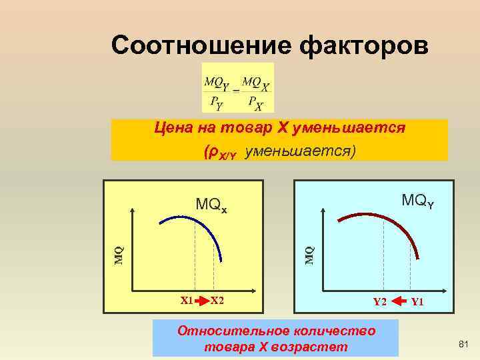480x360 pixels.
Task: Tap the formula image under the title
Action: [x=238, y=88]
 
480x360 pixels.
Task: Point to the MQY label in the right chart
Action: [x=417, y=199]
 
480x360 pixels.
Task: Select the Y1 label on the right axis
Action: [x=418, y=301]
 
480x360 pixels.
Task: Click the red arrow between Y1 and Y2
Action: [x=399, y=301]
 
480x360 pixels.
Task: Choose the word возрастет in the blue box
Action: [x=315, y=347]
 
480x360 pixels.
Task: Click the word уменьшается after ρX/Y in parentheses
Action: [x=301, y=151]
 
